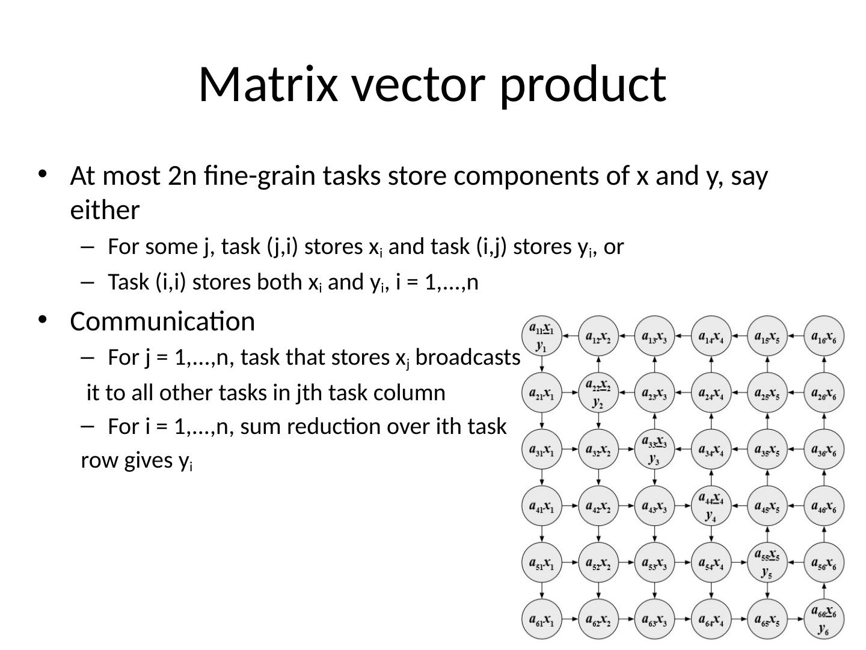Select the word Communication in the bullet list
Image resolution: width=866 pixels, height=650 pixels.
coord(162,321)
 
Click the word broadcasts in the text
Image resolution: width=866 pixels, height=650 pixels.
coord(467,357)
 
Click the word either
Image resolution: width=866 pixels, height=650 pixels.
coord(105,211)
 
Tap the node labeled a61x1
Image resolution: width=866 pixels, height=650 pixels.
coord(542,619)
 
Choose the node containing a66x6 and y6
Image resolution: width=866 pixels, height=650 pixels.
coord(824,619)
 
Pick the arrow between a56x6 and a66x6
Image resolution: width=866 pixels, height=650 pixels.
coord(824,591)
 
